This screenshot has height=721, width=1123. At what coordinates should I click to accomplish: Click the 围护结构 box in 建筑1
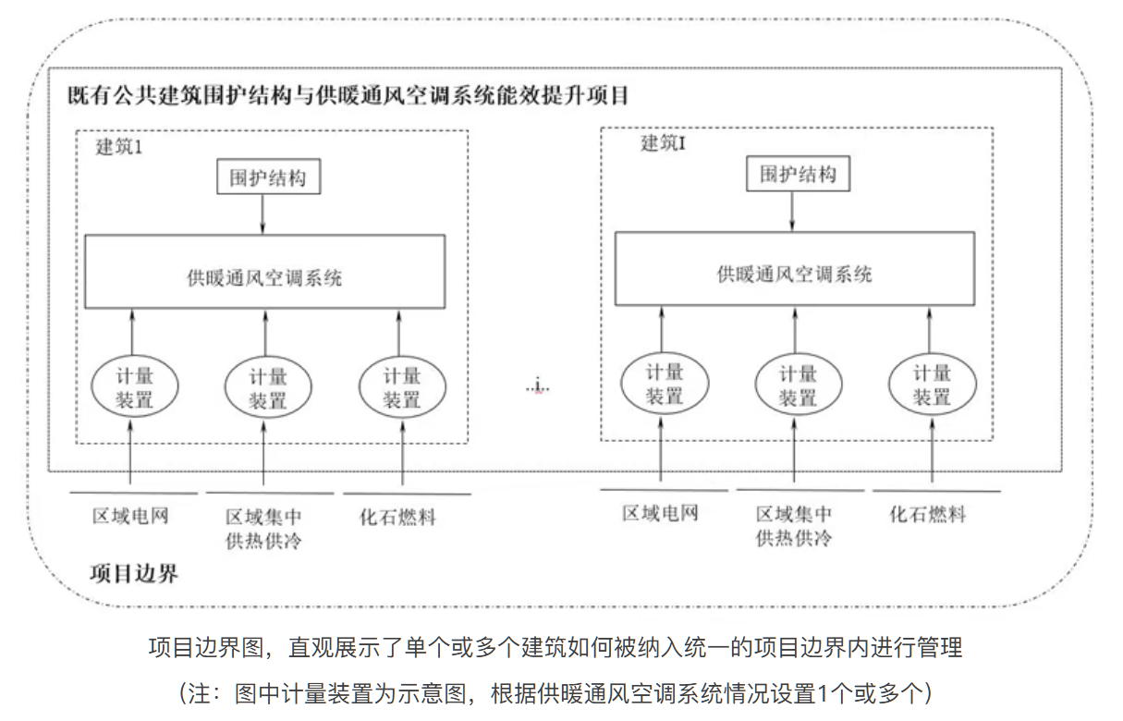click(x=268, y=177)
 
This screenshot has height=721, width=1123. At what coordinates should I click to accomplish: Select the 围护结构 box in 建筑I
click(x=797, y=174)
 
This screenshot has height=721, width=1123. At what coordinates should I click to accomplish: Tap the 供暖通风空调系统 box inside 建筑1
click(x=264, y=272)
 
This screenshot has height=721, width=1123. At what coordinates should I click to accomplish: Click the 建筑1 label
click(x=119, y=147)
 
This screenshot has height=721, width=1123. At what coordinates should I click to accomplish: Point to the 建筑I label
click(x=663, y=144)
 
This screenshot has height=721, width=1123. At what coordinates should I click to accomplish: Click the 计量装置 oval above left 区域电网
click(x=134, y=388)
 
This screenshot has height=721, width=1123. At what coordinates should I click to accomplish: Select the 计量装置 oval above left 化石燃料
click(x=402, y=388)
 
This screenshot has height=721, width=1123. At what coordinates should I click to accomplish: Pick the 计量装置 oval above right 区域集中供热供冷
click(x=798, y=385)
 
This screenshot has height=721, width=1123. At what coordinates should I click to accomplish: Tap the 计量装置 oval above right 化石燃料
click(x=931, y=385)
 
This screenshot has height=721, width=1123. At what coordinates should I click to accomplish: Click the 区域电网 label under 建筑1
click(x=130, y=516)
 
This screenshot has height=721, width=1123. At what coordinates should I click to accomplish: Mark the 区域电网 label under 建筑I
click(x=660, y=514)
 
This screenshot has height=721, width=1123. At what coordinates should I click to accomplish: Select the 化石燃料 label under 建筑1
click(x=397, y=517)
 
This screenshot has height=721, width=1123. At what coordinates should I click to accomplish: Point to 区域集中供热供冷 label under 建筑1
click(x=263, y=529)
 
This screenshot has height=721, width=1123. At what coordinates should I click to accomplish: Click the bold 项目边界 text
click(x=134, y=573)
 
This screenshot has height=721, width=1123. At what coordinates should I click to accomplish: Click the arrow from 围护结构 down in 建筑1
click(x=263, y=214)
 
